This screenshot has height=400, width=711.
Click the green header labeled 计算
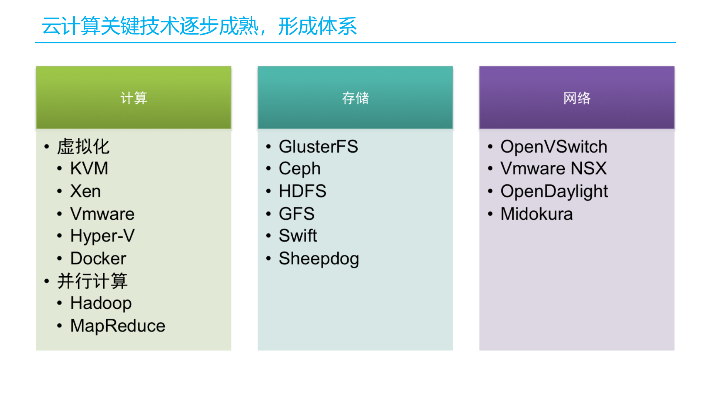[133, 98]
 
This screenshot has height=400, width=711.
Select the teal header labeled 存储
[355, 98]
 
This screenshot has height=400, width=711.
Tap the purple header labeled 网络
[577, 98]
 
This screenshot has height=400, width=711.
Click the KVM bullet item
[89, 169]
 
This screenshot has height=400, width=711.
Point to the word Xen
[85, 191]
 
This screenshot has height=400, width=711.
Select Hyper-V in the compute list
[103, 236]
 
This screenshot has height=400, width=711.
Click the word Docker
[98, 259]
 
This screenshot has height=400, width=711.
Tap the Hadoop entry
[101, 303]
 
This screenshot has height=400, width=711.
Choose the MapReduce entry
[117, 326]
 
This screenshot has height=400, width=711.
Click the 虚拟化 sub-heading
[83, 147]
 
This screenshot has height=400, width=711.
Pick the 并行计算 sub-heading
[92, 281]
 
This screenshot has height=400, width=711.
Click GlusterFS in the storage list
[318, 147]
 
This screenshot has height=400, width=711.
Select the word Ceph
[299, 169]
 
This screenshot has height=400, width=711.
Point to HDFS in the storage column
[302, 191]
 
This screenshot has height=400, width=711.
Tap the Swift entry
[298, 236]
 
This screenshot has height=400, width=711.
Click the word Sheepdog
[318, 259]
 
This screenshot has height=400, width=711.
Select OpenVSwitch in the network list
[554, 147]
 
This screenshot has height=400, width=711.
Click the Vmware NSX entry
[553, 169]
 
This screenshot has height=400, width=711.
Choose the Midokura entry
[536, 214]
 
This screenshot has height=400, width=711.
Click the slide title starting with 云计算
[199, 26]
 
